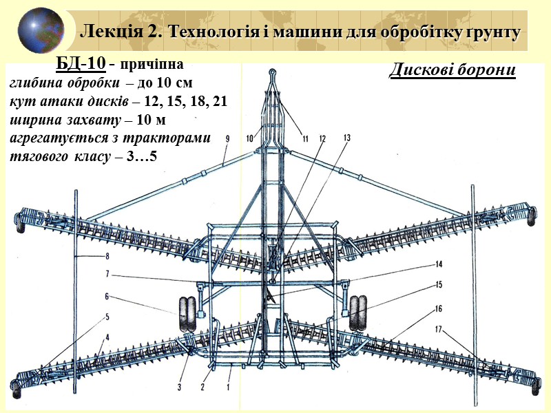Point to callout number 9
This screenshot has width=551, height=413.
click(x=227, y=138)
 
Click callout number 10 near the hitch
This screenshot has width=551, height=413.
click(x=250, y=138)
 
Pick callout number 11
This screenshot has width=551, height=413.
click(x=304, y=138)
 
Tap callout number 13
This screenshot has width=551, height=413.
click(x=346, y=138)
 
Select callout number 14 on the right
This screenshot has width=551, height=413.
click(x=438, y=264)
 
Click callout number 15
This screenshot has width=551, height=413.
click(x=438, y=284)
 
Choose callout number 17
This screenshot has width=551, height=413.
click(x=438, y=328)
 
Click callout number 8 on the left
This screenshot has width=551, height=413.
click(x=107, y=257)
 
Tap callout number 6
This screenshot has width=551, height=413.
click(x=107, y=297)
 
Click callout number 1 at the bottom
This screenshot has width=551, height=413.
click(x=228, y=387)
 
